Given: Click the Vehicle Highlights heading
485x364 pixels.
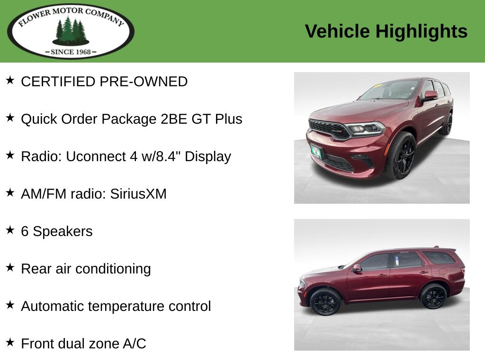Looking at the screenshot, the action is tap(386, 32).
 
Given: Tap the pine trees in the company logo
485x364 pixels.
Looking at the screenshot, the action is tap(71, 31).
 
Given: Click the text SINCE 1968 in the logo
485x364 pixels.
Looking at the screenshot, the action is tap(71, 52).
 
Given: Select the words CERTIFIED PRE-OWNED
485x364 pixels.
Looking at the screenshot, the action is tap(104, 82).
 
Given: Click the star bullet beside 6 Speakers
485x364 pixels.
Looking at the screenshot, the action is tap(10, 230).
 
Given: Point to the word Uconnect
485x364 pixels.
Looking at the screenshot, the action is tap(96, 156).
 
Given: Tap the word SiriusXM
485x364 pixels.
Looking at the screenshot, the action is tap(138, 194).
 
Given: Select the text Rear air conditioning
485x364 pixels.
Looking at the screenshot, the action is tap(86, 269).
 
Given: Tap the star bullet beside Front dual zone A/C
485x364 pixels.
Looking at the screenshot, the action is tap(10, 342).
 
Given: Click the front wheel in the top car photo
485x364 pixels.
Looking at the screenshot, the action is tap(402, 155).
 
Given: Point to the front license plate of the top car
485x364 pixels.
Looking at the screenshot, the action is tap(316, 152).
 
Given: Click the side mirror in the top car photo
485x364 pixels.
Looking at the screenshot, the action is tap(430, 96).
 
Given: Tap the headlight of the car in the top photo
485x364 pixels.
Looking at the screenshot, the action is tap(365, 128).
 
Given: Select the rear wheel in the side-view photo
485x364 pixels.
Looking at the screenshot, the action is tap(433, 296).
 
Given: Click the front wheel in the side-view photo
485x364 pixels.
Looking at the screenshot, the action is tap(325, 302).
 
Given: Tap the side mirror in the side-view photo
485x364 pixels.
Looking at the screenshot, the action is tap(357, 268).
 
